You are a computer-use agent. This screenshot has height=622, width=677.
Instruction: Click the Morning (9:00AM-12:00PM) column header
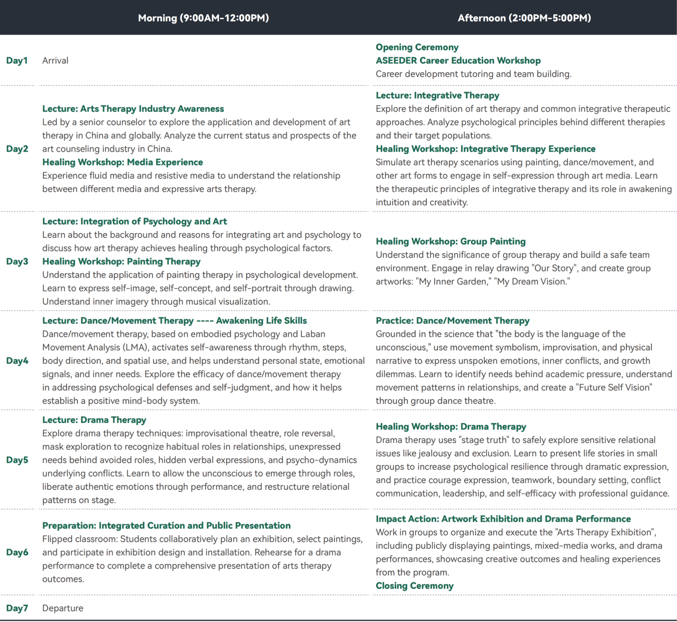tap(203, 18)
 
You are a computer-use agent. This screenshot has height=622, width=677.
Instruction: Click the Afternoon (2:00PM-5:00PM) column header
tap(524, 18)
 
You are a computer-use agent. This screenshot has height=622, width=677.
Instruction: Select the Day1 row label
tap(17, 61)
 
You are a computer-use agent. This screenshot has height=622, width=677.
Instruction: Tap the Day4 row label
tap(17, 361)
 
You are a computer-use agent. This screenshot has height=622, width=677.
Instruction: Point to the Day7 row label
tap(17, 608)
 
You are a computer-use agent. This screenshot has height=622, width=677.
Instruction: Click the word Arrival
tap(55, 61)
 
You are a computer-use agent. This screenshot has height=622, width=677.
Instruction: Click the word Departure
tap(62, 608)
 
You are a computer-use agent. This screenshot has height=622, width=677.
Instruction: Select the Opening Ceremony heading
tap(417, 47)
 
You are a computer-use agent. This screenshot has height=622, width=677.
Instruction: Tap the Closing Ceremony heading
tap(414, 586)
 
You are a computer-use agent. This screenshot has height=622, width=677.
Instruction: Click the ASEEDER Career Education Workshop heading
tap(458, 61)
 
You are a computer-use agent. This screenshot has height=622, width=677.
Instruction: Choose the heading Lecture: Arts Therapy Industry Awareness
tap(133, 109)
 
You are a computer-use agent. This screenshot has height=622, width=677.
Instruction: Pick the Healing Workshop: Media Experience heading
tap(123, 162)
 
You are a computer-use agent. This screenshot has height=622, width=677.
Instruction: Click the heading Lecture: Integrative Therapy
tap(437, 95)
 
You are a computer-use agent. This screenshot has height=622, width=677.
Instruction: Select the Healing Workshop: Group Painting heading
tap(450, 242)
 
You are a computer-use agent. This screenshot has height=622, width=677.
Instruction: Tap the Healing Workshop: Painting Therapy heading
tap(121, 262)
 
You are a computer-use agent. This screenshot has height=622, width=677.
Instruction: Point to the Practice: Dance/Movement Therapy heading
tap(452, 321)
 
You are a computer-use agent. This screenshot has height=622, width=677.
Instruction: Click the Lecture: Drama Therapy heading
tap(94, 420)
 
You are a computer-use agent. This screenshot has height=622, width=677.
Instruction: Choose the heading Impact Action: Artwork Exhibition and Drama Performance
tap(503, 519)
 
